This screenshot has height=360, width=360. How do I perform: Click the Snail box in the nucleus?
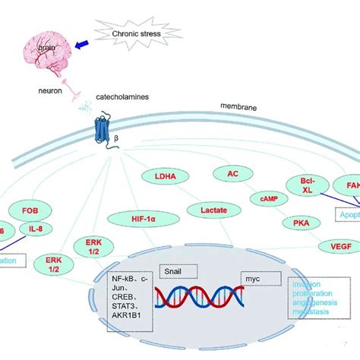click(x=176, y=270)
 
